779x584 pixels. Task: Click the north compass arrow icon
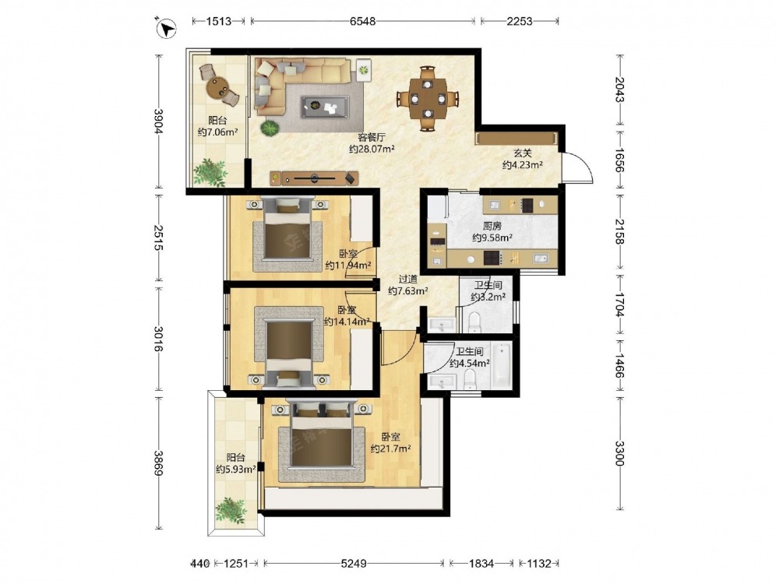[167, 27]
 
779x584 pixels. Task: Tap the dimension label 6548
[363, 21]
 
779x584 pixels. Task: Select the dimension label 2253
[519, 21]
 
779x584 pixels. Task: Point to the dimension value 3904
[158, 121]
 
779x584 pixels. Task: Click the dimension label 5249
[354, 563]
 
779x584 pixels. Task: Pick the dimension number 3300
[619, 453]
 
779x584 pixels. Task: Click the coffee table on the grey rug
[324, 106]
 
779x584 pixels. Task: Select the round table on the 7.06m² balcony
[217, 87]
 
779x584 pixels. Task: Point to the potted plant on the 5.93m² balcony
[231, 511]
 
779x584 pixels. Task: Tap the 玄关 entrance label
[522, 153]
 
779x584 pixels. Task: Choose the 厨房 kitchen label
[492, 226]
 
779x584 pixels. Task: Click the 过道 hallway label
[408, 280]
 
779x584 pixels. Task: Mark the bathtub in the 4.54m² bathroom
[502, 365]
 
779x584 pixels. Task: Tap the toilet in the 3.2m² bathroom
[474, 322]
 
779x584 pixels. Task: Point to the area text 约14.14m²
[347, 322]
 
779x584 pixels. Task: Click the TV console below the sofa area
[314, 178]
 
